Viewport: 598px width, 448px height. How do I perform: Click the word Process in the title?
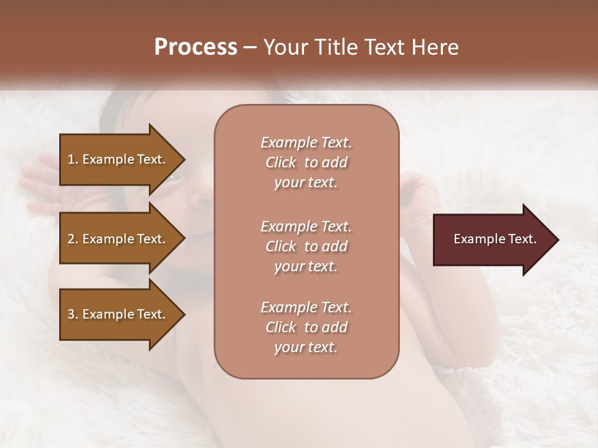[196, 47]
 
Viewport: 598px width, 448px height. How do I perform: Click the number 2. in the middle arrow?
[73, 239]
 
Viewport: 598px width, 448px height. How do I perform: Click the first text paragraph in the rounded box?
[306, 162]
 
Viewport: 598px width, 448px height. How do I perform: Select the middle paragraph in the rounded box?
[306, 246]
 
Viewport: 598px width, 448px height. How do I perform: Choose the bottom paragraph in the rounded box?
[306, 327]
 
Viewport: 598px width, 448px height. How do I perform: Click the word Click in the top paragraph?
[281, 162]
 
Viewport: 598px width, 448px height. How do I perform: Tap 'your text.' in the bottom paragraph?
[306, 348]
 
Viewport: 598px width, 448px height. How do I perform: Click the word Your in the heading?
[284, 47]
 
